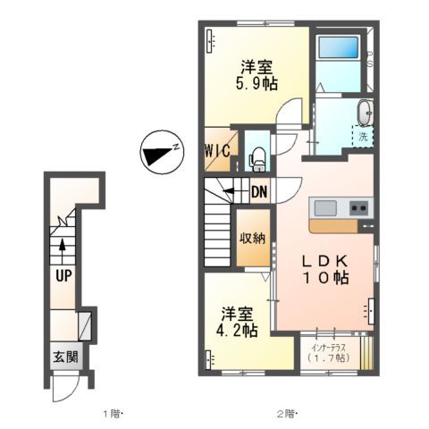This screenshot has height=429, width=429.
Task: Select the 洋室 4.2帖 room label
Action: pyautogui.click(x=239, y=323)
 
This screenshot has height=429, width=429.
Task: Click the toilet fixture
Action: pyautogui.click(x=257, y=159)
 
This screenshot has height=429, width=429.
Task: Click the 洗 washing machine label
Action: pyautogui.click(x=364, y=139)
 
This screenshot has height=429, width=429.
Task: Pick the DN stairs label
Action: pyautogui.click(x=258, y=190)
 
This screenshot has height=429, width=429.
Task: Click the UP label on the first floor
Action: pyautogui.click(x=62, y=275)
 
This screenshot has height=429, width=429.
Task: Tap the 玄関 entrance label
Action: pyautogui.click(x=63, y=357)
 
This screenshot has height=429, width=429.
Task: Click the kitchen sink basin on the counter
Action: pyautogui.click(x=325, y=208)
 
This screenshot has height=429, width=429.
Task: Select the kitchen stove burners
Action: pyautogui.click(x=358, y=208)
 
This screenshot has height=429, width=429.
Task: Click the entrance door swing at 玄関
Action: pyautogui.click(x=64, y=387)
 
